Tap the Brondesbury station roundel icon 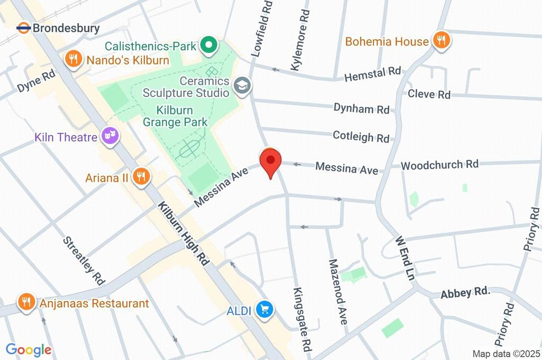click(x=23, y=28)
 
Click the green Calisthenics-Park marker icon click(x=208, y=46)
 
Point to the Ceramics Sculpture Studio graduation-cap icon click(x=242, y=85)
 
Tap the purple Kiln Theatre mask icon click(x=110, y=136)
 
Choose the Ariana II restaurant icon click(x=141, y=176)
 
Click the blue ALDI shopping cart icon click(x=264, y=310)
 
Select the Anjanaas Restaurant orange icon click(x=25, y=302)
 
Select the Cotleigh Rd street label click(x=361, y=137)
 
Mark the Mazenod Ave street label click(x=338, y=292)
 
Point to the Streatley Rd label click(x=83, y=259)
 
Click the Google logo click(x=29, y=349)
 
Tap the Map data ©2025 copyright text click(x=506, y=354)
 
